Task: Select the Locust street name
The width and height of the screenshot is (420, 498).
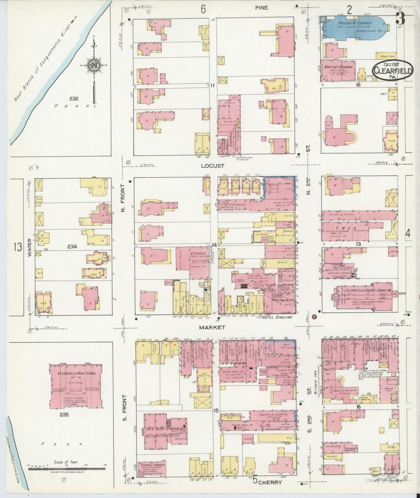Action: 212,166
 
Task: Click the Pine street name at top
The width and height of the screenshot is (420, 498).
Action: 262,8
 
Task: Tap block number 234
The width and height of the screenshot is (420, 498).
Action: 72,247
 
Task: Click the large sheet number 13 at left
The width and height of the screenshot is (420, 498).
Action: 17,247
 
